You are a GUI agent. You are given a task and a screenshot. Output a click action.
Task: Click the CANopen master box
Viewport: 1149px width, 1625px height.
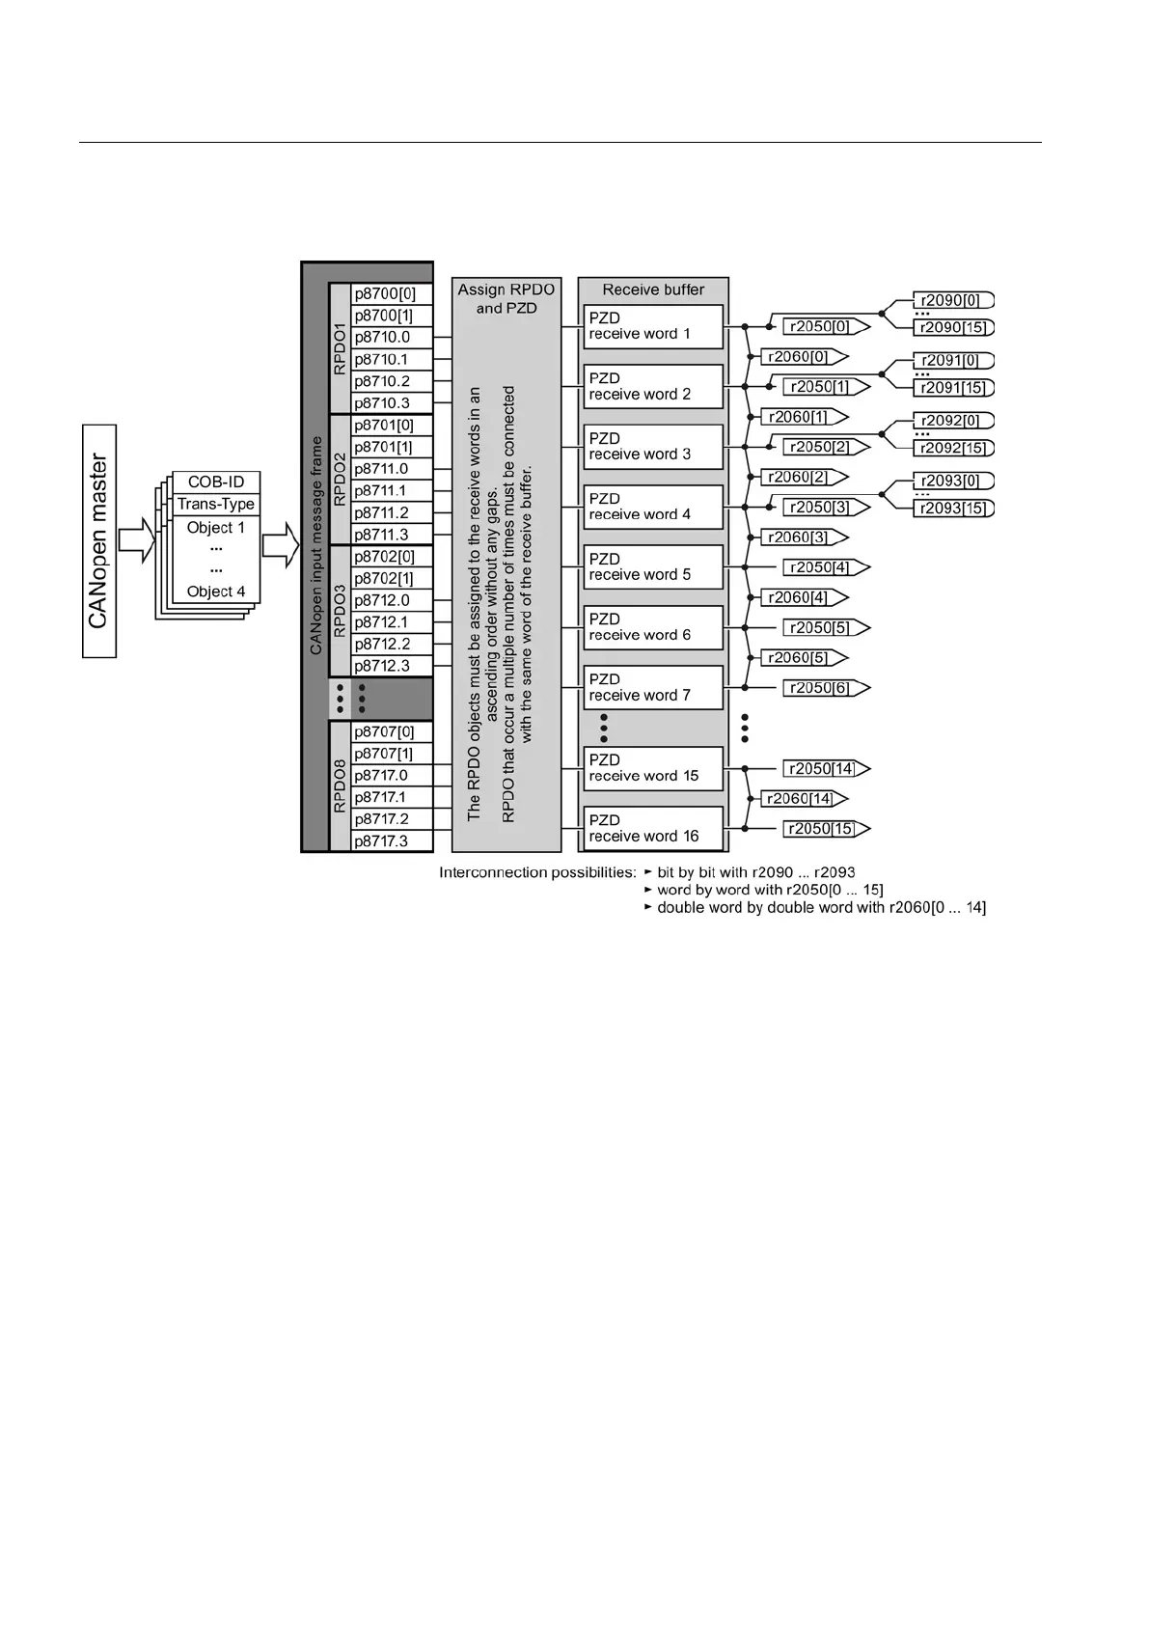(x=99, y=541)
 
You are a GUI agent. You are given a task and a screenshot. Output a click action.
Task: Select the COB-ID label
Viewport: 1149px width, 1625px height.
(x=216, y=482)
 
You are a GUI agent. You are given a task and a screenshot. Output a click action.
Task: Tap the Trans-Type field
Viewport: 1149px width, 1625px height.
(x=216, y=504)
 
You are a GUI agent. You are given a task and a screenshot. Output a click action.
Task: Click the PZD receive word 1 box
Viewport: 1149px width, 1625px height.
(x=653, y=326)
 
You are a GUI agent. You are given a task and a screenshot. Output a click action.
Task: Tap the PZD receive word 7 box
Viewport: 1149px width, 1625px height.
(x=653, y=687)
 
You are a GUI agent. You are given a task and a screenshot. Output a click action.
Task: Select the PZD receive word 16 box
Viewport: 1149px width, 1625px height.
(x=653, y=828)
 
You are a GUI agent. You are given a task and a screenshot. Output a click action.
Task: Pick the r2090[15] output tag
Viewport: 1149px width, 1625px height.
(x=952, y=327)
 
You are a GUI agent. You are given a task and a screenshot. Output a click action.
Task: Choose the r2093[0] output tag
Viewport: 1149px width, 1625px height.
(x=952, y=481)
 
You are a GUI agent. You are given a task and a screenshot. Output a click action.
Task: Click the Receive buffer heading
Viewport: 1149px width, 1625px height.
(x=653, y=289)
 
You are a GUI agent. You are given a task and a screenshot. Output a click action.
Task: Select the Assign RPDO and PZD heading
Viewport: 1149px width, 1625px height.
(x=506, y=298)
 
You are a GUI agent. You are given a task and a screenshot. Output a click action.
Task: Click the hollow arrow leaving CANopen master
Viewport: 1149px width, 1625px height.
(x=136, y=541)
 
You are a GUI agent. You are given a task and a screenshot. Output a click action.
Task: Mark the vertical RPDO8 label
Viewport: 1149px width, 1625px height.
(x=340, y=785)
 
